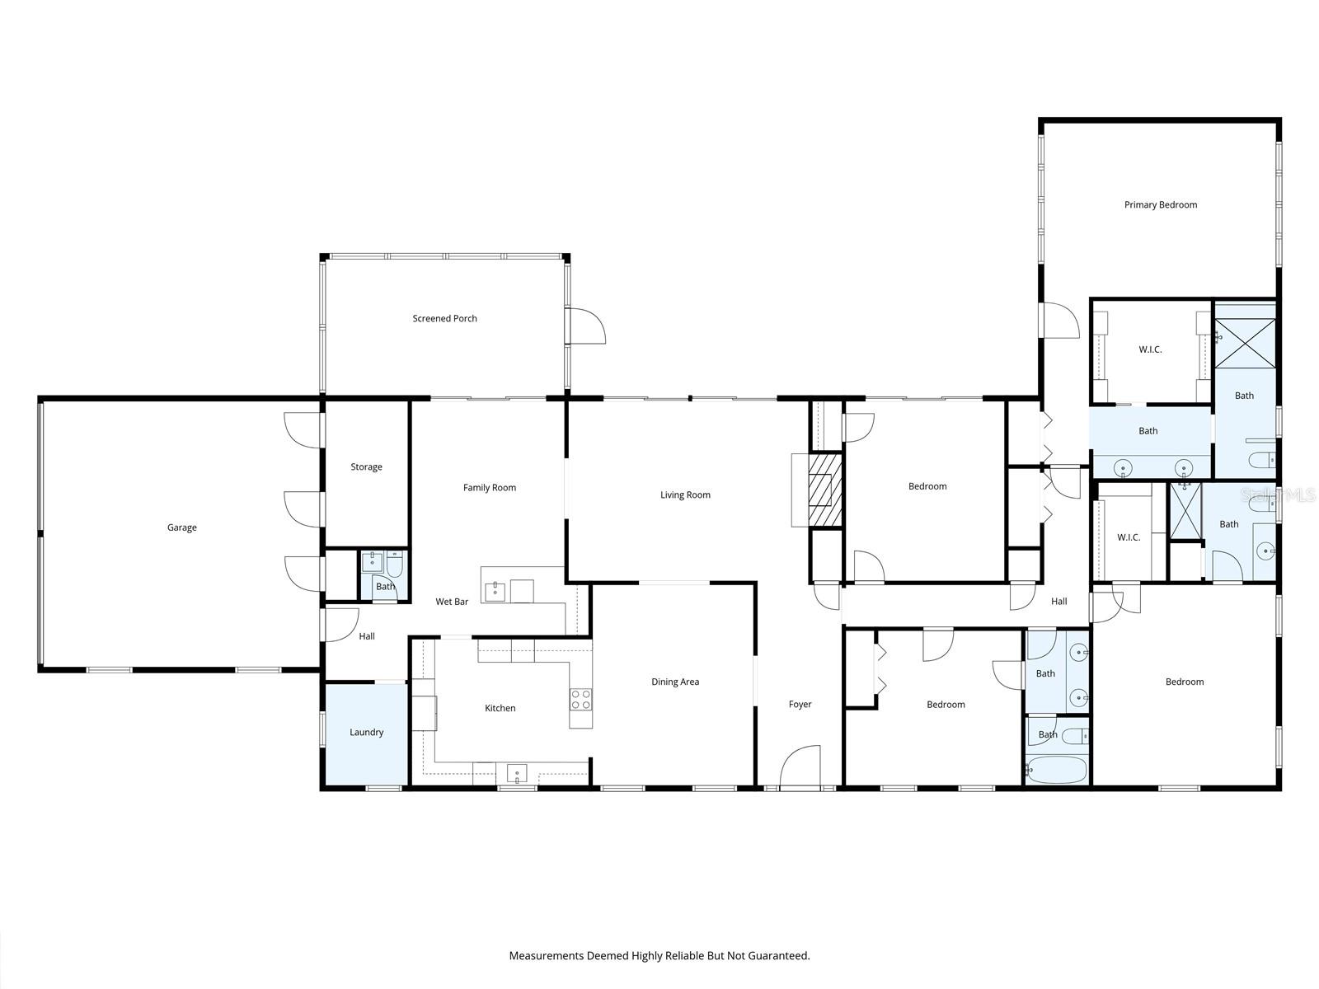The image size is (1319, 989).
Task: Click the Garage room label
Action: [181, 527]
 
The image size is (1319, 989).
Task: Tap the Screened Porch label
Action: [444, 318]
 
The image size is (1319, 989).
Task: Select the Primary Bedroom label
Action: [1160, 204]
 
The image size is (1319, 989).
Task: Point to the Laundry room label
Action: [366, 732]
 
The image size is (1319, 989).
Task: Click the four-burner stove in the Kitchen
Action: [580, 700]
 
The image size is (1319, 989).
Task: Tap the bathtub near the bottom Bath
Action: [1057, 771]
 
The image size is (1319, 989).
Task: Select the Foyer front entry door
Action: [800, 767]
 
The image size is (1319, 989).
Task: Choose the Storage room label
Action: [366, 466]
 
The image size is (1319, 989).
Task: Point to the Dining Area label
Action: [675, 682]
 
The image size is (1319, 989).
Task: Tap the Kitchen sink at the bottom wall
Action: [516, 774]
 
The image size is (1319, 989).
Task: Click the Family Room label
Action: [489, 487]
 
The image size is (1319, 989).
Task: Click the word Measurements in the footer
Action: [546, 956]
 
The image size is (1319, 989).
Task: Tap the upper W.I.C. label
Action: [1150, 349]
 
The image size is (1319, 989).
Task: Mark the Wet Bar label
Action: [452, 602]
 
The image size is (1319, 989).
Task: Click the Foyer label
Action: [800, 704]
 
